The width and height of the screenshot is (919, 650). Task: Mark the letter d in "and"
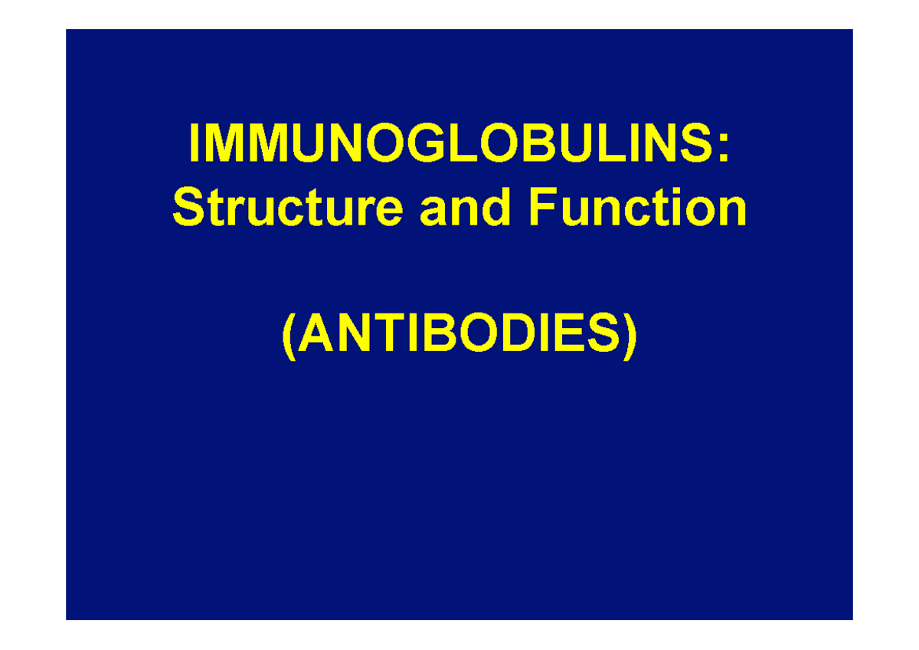(x=499, y=208)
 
